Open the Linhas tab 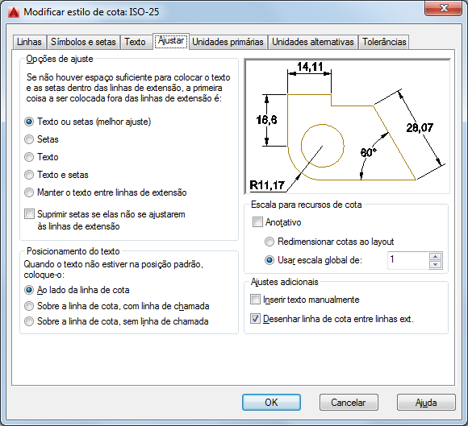[29, 42]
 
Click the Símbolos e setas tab [83, 42]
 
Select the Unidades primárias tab [228, 42]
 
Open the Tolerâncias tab [384, 42]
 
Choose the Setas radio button [29, 139]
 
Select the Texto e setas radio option [29, 175]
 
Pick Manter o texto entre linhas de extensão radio [29, 192]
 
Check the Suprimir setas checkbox [29, 214]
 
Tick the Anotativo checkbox [257, 222]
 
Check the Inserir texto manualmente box [255, 300]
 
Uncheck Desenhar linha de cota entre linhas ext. [255, 319]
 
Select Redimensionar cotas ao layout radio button [270, 242]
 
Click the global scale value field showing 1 [408, 260]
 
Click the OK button [271, 403]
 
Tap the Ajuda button [426, 403]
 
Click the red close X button [444, 8]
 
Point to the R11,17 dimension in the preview [267, 185]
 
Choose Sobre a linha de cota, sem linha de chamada [29, 321]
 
